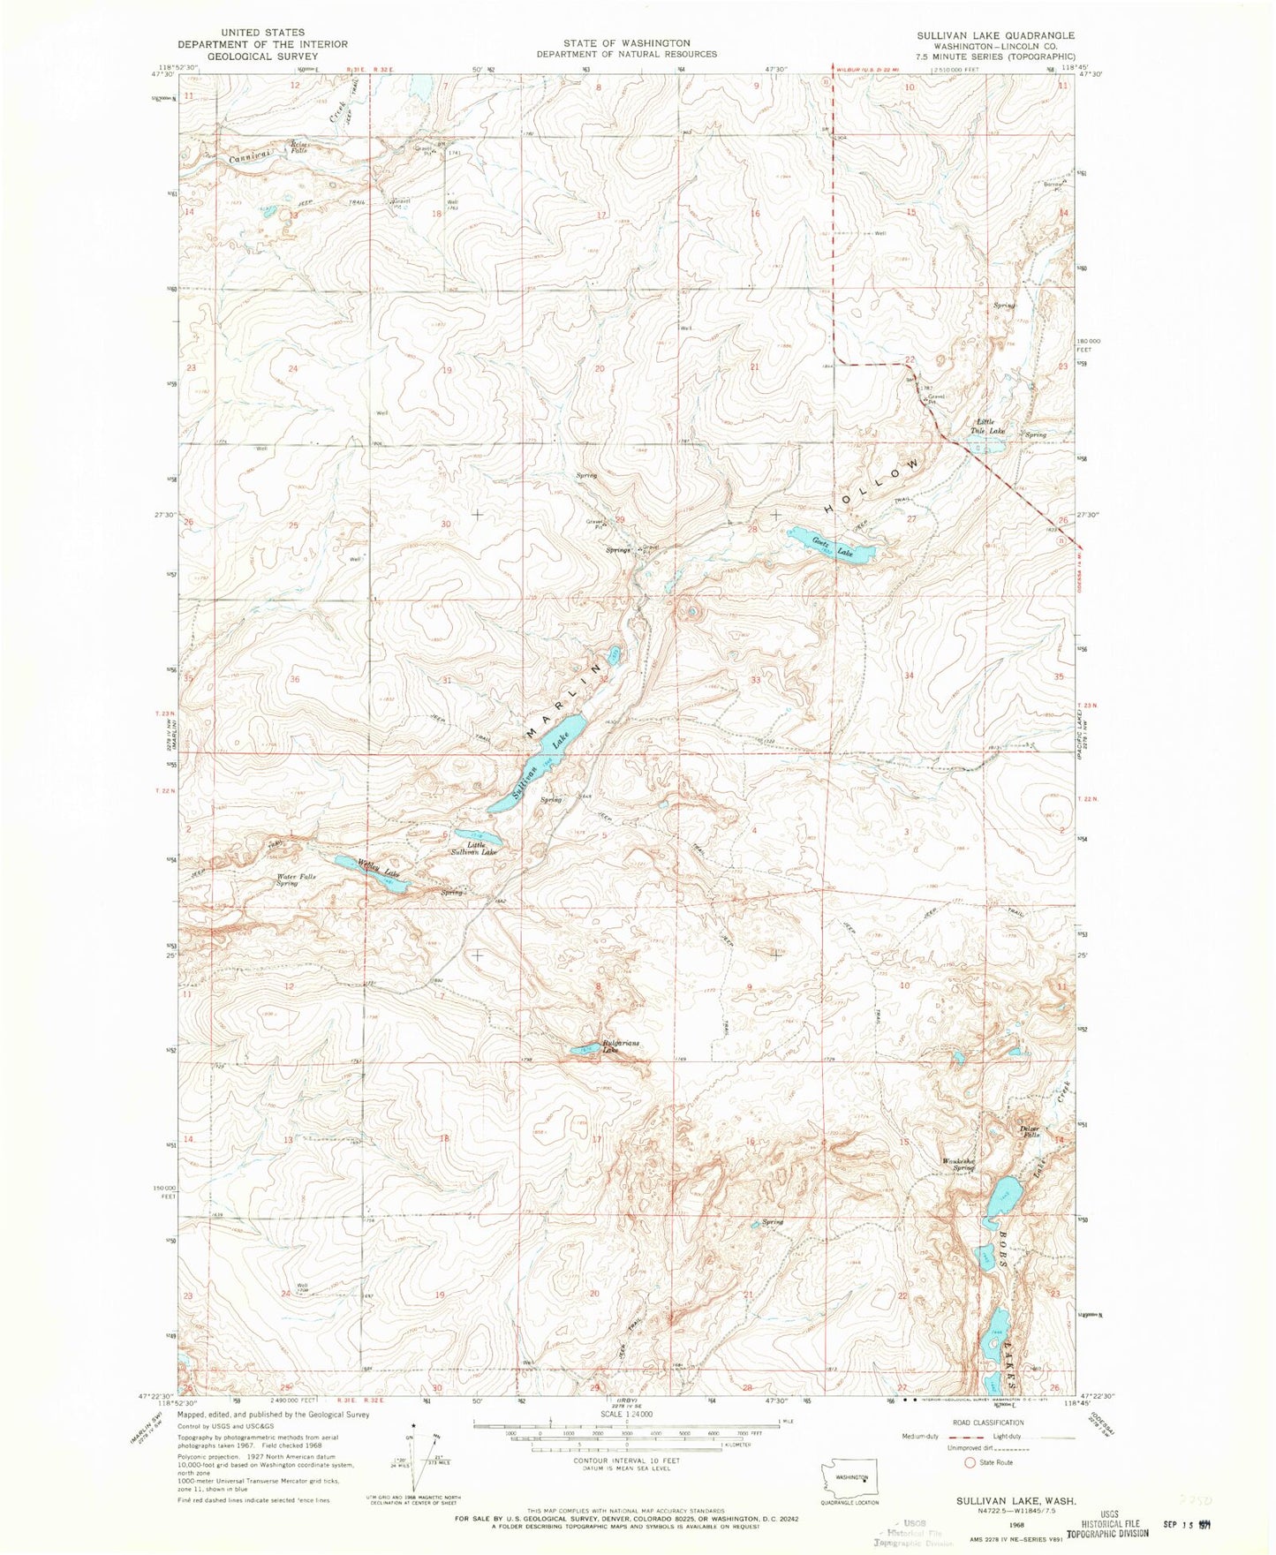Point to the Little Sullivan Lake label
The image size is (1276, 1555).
click(x=477, y=849)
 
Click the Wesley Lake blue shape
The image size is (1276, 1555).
click(x=369, y=873)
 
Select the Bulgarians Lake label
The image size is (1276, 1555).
click(x=621, y=1046)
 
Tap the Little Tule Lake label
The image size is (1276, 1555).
click(x=985, y=426)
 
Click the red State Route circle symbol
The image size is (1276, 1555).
click(x=970, y=1462)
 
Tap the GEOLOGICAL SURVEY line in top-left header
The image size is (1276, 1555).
click(x=262, y=56)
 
